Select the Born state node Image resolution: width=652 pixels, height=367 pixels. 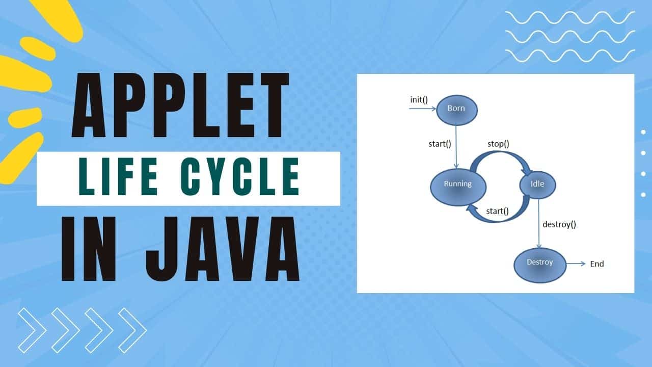tap(456, 109)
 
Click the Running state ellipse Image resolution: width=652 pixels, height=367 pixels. tap(457, 185)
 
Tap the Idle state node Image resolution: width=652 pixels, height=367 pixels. tap(537, 185)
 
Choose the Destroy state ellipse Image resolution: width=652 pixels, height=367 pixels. tap(540, 263)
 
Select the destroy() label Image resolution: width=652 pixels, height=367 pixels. tap(559, 224)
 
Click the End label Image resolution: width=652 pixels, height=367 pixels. tap(596, 264)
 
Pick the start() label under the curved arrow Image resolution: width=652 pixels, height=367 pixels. tap(497, 211)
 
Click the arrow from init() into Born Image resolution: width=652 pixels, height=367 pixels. tap(423, 108)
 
